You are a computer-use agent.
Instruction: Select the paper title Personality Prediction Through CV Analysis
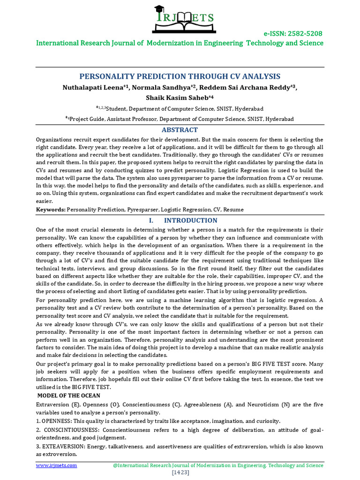(x=180, y=76)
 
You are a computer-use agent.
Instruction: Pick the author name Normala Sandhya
(x=157, y=88)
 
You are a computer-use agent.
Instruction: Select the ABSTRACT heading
(x=180, y=130)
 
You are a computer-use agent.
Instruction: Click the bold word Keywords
(x=51, y=209)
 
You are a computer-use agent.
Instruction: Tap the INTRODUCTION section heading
(x=190, y=220)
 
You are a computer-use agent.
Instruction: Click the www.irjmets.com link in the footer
(x=57, y=465)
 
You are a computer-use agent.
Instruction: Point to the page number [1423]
(x=180, y=472)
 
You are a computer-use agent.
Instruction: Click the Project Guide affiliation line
(x=180, y=119)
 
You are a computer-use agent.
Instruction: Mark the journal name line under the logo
(x=180, y=43)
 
